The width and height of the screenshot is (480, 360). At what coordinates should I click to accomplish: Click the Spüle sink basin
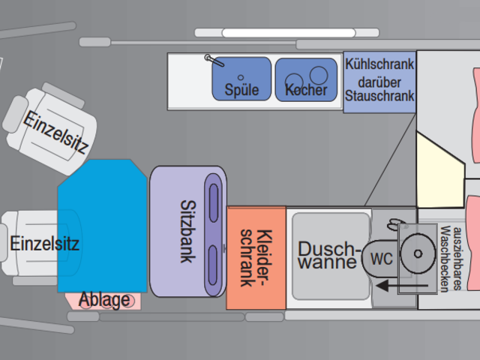click(241, 79)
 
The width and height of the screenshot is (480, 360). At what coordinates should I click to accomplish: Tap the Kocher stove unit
click(306, 79)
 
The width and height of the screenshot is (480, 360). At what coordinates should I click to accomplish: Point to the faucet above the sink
click(214, 60)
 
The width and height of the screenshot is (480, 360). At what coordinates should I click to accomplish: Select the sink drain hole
click(241, 77)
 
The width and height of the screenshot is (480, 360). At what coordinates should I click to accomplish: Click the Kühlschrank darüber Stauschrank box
click(379, 82)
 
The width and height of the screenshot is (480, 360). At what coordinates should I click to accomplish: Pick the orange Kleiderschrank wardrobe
click(256, 258)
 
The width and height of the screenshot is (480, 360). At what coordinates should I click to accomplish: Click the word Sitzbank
click(187, 232)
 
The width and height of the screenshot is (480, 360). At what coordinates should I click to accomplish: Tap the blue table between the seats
click(103, 226)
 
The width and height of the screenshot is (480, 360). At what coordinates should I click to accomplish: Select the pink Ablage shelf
click(103, 301)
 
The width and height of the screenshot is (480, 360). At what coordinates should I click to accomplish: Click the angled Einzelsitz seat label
click(55, 132)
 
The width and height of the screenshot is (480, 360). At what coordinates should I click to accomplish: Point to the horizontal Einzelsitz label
click(45, 244)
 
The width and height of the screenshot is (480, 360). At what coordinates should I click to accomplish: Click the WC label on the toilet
click(382, 259)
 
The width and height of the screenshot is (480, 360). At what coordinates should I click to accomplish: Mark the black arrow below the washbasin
click(402, 286)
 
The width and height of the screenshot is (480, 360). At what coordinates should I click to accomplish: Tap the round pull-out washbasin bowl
click(418, 253)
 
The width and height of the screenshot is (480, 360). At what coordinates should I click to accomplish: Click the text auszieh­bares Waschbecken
click(450, 259)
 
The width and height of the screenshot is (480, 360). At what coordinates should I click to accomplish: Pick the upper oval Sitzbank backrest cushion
click(213, 202)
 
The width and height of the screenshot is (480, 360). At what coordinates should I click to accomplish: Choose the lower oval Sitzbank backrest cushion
click(212, 265)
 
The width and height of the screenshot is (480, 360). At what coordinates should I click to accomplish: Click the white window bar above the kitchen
click(289, 33)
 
